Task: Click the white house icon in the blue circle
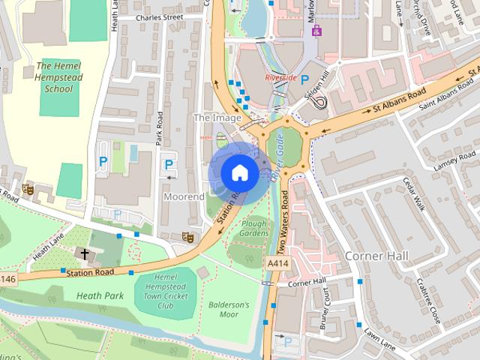point(239,172)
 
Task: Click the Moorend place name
point(184,196)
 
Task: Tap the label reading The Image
point(217,118)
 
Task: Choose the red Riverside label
point(281,77)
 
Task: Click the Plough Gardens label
point(254,228)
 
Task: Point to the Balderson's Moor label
point(229,310)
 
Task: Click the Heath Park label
point(100,295)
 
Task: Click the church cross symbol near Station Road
point(85,254)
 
